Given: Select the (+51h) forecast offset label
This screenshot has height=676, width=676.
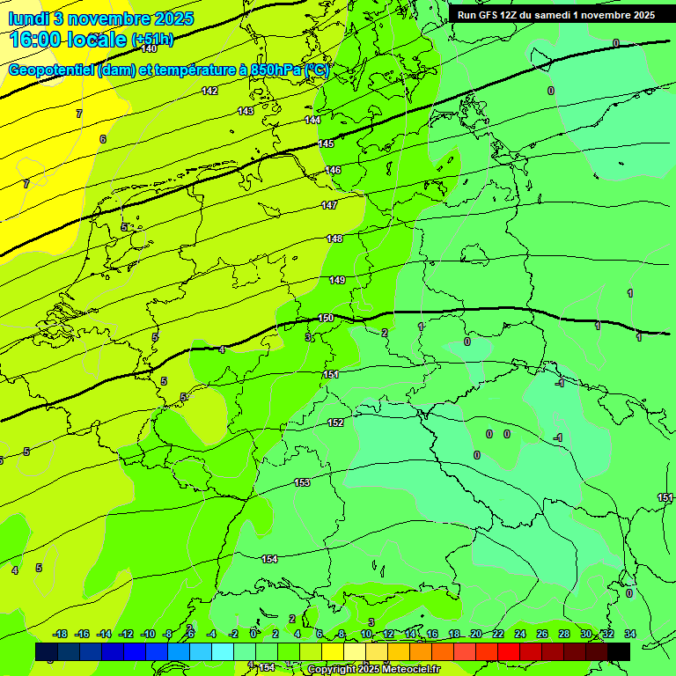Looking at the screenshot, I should click(152, 40).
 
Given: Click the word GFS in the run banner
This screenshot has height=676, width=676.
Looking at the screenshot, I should click(489, 15).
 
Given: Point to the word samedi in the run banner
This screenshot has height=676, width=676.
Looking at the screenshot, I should click(551, 15).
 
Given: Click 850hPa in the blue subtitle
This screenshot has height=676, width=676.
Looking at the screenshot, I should click(272, 70).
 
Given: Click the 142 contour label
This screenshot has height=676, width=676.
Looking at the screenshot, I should click(209, 91).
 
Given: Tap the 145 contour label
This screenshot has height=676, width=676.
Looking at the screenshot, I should click(326, 143).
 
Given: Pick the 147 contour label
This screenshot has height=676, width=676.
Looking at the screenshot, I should click(329, 205).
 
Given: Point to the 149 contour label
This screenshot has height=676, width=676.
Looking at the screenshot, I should click(337, 280).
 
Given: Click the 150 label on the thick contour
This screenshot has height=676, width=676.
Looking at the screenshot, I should click(326, 318).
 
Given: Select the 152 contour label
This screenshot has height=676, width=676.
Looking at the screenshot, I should click(335, 423).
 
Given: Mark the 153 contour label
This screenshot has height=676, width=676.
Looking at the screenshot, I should click(302, 482).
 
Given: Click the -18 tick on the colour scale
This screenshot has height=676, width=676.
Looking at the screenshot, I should click(61, 634).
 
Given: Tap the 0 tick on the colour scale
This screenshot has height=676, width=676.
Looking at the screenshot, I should click(253, 634).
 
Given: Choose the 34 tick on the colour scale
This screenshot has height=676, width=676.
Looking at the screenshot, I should click(629, 634).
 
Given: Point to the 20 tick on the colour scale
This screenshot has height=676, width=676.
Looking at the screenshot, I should click(475, 634).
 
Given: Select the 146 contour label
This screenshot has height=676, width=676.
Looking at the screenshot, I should click(333, 170).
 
